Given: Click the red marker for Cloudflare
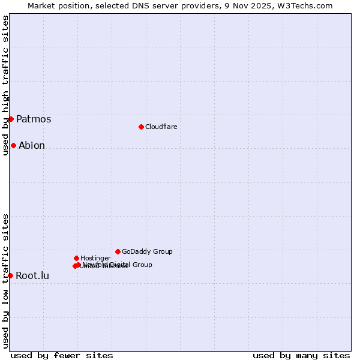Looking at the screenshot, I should tap(141, 127).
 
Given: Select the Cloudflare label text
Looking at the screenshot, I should tap(161, 127).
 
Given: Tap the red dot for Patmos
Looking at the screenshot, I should tap(11, 119).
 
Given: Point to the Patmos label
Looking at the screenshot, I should tap(34, 119).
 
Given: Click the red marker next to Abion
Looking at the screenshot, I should tap(13, 145).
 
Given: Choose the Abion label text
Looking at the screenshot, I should tap(32, 145).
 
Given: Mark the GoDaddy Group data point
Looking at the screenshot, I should tap(118, 251).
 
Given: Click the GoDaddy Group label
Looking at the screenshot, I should tap(147, 251).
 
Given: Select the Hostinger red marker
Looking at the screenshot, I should tap(76, 258).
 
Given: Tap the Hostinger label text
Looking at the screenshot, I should tap(95, 258).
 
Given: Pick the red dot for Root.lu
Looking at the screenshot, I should tap(10, 275).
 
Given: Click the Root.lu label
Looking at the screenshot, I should tap(32, 276).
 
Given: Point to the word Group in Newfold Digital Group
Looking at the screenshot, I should tap(142, 265).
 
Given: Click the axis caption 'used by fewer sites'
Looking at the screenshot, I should tap(62, 355).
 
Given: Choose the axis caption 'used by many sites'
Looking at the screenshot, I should tap(301, 355).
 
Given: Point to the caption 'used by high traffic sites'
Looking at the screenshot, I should tap(5, 85).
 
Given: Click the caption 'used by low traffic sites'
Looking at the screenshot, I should tap(5, 280).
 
